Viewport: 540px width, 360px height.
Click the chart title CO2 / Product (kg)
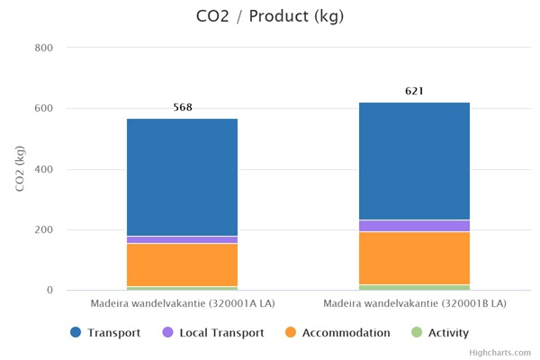point(269,16)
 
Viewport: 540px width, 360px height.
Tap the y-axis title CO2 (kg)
point(20,169)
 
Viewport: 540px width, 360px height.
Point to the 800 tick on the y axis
point(42,48)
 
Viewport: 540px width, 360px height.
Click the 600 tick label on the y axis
point(42,109)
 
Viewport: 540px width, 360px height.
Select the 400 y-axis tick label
point(42,169)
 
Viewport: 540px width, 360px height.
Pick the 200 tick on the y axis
point(42,230)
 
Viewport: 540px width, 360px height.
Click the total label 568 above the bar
point(183,108)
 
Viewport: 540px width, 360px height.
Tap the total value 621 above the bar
point(414,92)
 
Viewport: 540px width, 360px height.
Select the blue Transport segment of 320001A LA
point(183,176)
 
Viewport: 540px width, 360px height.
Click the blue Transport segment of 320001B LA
point(414,161)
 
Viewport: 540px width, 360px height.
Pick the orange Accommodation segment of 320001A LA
point(183,265)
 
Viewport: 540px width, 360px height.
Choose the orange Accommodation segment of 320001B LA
point(414,258)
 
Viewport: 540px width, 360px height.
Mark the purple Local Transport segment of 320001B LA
point(414,226)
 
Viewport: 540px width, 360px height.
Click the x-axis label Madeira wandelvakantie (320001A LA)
point(183,303)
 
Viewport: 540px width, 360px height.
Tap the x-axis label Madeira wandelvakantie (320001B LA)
point(414,303)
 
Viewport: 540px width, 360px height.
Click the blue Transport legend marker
point(77,333)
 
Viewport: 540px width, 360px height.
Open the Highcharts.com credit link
point(500,354)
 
